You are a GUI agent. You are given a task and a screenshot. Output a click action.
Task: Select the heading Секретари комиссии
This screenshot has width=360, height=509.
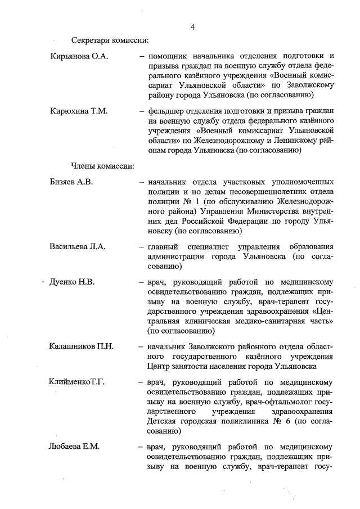tap(110, 40)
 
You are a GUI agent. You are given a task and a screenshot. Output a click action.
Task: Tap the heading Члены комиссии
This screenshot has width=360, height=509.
tap(102, 166)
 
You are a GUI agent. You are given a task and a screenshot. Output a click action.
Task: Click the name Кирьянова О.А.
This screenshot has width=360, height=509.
tap(79, 57)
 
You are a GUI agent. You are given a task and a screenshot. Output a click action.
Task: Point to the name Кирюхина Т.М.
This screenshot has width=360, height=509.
tap(78, 111)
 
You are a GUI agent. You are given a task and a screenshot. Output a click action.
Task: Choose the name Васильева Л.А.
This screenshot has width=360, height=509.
tap(78, 246)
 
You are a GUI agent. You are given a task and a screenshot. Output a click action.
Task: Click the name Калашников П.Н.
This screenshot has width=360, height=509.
tap(82, 346)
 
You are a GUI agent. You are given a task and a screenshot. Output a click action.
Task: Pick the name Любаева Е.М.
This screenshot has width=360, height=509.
tap(74, 447)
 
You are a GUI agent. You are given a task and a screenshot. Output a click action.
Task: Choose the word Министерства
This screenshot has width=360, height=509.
tap(273, 211)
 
